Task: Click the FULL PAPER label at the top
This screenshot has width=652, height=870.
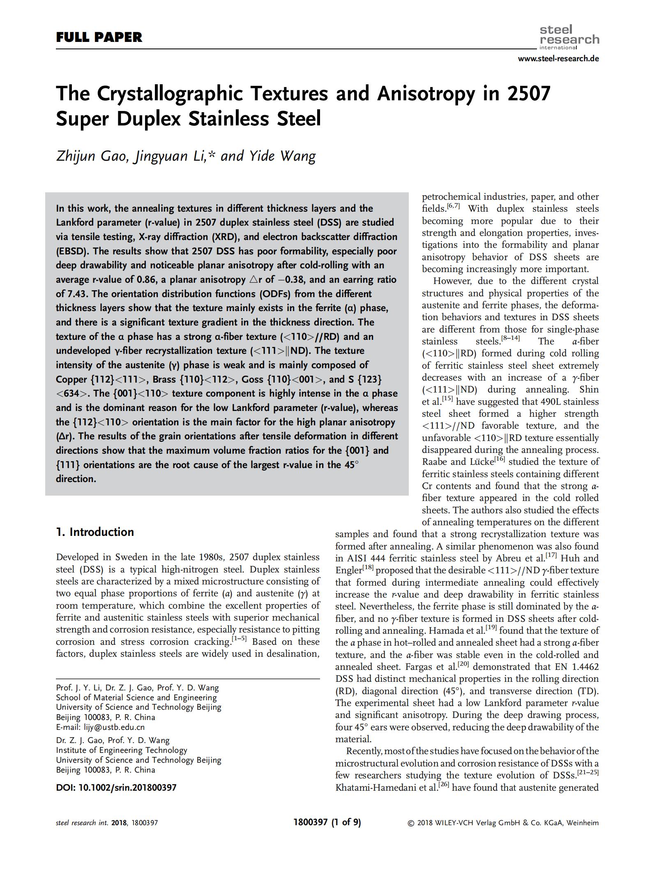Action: click(99, 37)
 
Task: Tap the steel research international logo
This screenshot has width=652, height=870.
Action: click(569, 37)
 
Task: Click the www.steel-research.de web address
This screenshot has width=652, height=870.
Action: click(558, 58)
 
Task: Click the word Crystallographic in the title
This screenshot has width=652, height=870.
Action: click(212, 93)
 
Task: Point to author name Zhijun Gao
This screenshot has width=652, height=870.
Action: click(91, 156)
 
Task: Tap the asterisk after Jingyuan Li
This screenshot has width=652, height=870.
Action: click(211, 155)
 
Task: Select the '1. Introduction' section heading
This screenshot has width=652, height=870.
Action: click(95, 532)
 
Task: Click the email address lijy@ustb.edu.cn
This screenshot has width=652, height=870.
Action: click(114, 727)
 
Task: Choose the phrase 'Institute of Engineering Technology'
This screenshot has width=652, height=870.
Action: click(122, 750)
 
